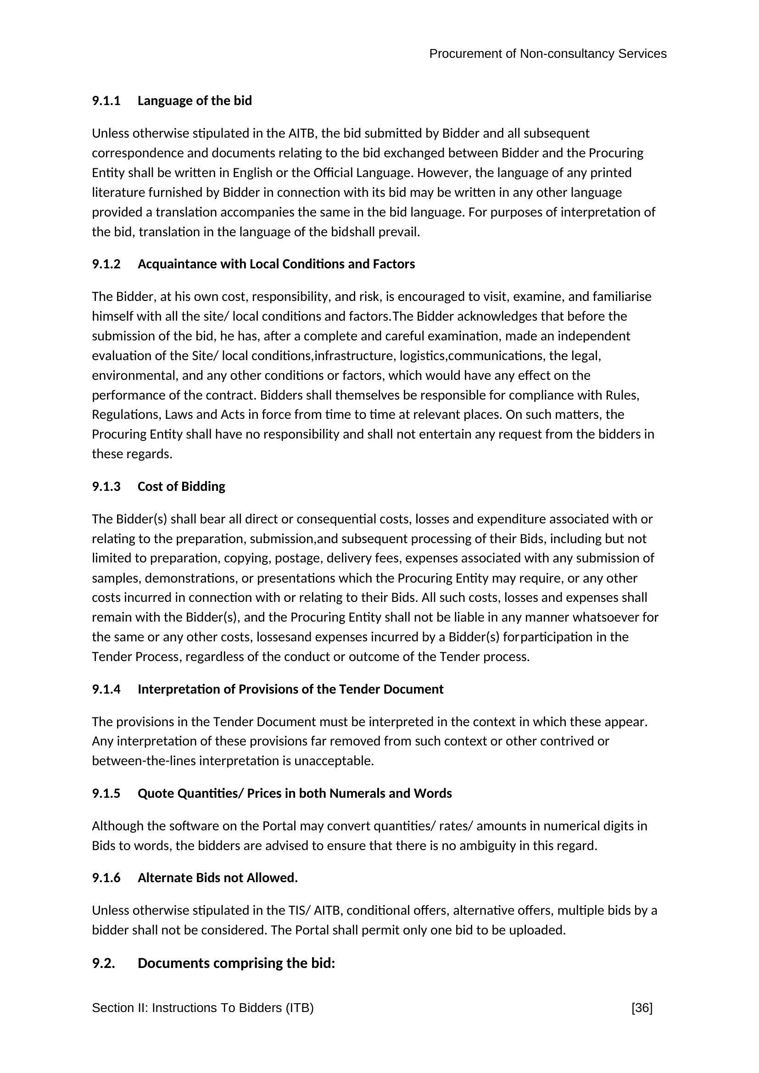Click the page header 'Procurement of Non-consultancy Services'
(x=547, y=54)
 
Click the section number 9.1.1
(x=106, y=101)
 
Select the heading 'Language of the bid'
(x=195, y=101)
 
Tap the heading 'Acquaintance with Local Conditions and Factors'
(x=276, y=265)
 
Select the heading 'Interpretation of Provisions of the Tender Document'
(x=290, y=689)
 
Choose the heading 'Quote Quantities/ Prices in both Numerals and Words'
(x=295, y=794)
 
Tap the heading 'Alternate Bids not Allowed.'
(x=218, y=878)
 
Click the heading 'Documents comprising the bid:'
(x=236, y=964)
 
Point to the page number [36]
(x=642, y=1008)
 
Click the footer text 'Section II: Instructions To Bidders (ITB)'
(x=202, y=1008)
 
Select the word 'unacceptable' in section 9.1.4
(x=333, y=762)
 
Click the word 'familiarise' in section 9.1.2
(x=622, y=297)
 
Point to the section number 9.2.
(x=103, y=964)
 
